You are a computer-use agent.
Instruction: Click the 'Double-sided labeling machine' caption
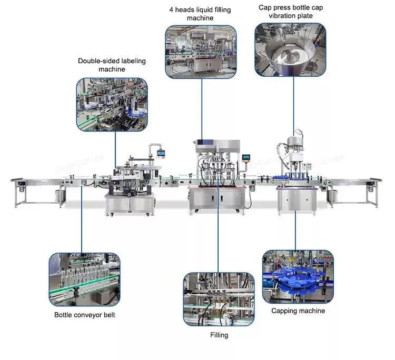click(112, 65)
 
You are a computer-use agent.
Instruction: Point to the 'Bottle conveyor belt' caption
click(84, 315)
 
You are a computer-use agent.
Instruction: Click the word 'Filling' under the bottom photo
click(218, 335)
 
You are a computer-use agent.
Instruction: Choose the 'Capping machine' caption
click(298, 311)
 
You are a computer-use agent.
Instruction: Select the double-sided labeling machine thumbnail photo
click(112, 104)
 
